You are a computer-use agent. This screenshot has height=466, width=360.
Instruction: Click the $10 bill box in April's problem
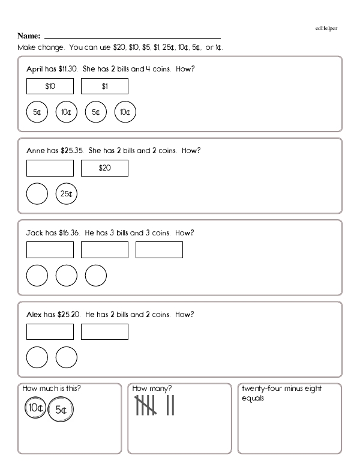tap(50, 86)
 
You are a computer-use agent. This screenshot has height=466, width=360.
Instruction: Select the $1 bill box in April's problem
tap(104, 86)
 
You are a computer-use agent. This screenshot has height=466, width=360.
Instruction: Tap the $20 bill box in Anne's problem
tap(104, 168)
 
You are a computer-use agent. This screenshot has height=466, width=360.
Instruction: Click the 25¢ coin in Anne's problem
tap(67, 193)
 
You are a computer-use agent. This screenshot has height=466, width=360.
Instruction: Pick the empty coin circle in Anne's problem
tap(37, 193)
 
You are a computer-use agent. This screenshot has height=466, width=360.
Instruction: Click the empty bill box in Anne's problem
tap(50, 168)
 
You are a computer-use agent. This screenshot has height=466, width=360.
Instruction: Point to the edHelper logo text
tap(326, 28)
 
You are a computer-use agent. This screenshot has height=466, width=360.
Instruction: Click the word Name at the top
tap(29, 36)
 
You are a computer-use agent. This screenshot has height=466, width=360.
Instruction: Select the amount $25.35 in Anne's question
tap(71, 151)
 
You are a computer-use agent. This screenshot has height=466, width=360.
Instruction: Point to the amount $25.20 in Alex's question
tap(68, 314)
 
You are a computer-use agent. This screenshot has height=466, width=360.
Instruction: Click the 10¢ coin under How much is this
tap(35, 408)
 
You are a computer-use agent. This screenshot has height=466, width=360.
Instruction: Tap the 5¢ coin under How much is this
tap(61, 410)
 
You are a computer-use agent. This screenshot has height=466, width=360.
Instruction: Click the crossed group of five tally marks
tap(146, 406)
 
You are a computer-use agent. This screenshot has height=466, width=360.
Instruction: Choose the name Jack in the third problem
tap(35, 232)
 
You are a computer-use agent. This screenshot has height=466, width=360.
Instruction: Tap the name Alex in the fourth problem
tap(35, 314)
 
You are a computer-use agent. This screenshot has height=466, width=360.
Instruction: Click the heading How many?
tap(152, 389)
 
